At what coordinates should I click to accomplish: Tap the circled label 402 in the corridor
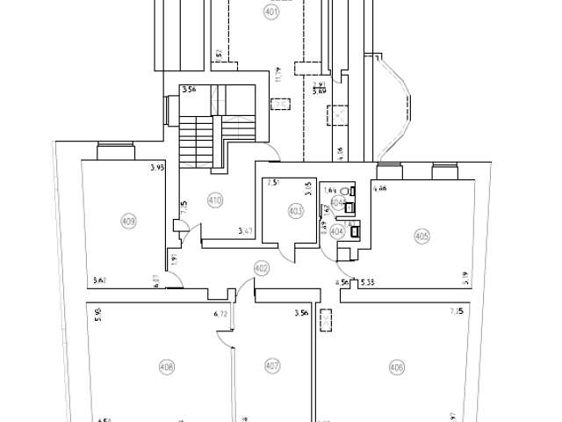tap(260, 267)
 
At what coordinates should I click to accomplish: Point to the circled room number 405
tap(421, 235)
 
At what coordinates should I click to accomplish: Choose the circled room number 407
tap(271, 366)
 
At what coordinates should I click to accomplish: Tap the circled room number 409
tap(129, 222)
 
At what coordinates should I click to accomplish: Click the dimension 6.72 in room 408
tap(220, 312)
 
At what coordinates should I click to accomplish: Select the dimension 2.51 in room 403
tap(273, 183)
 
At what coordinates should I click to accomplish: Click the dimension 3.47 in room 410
tap(246, 232)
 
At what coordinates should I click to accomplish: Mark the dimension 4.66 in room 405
tap(381, 188)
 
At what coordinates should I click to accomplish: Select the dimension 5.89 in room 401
tap(320, 89)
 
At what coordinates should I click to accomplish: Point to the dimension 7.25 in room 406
tap(457, 310)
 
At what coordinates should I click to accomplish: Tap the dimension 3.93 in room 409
tap(157, 168)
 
